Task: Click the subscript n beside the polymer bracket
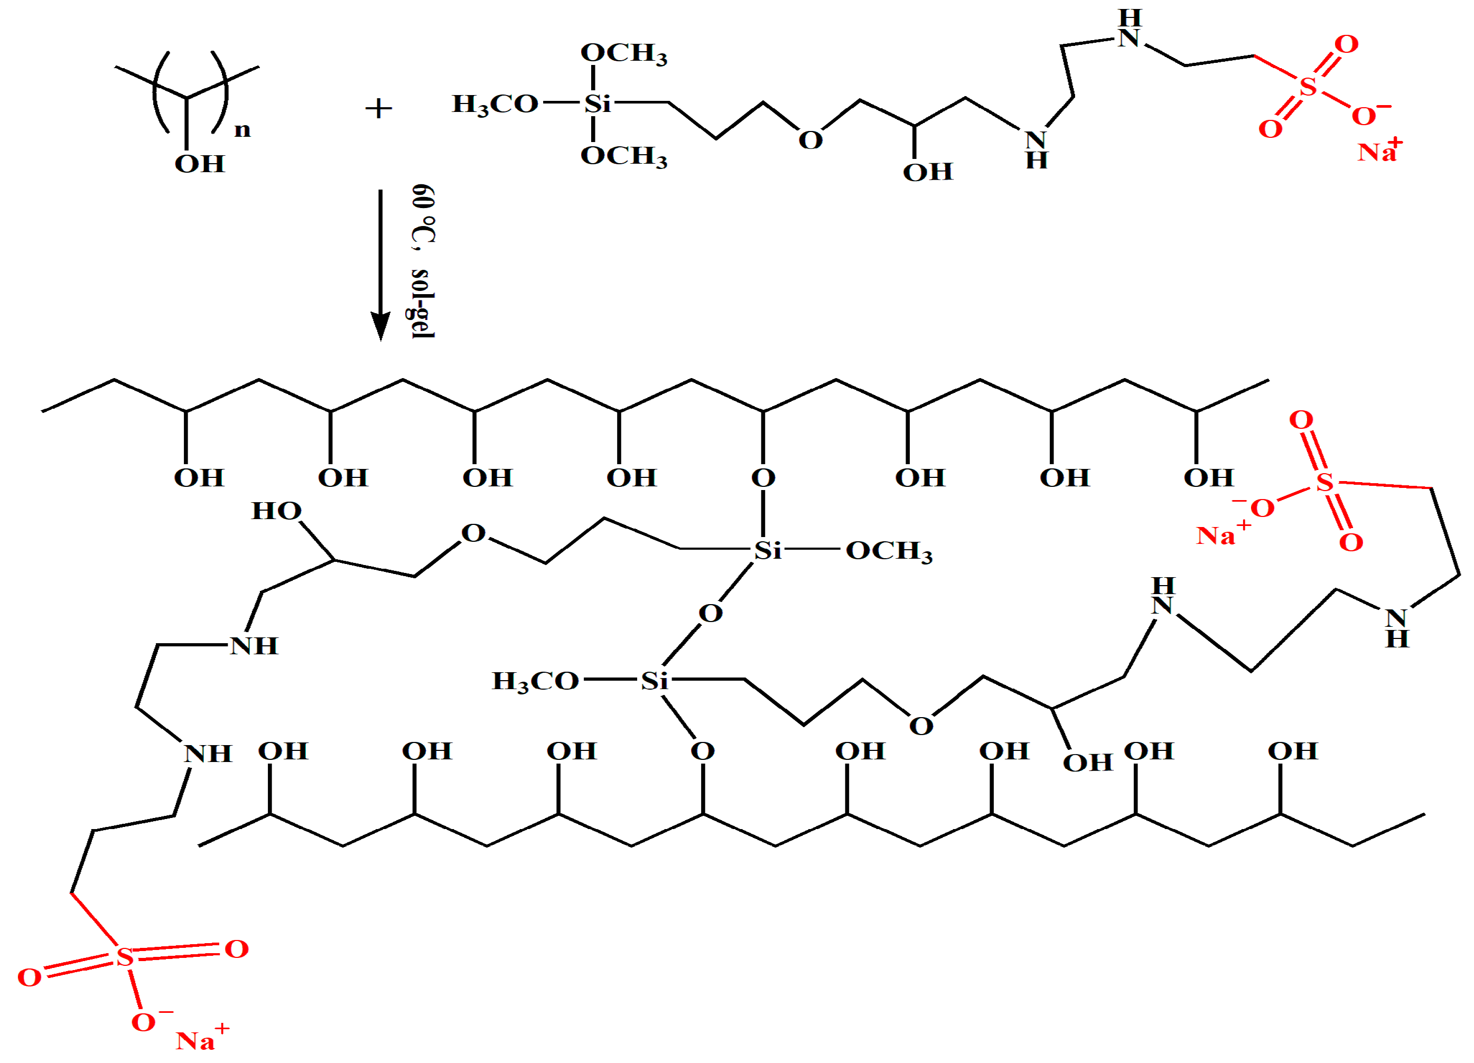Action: pyautogui.click(x=242, y=130)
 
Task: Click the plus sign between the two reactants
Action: pyautogui.click(x=378, y=108)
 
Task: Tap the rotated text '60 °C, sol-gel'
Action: pyautogui.click(x=423, y=261)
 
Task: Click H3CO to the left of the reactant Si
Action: pyautogui.click(x=495, y=104)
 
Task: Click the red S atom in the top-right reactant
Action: pyautogui.click(x=1308, y=87)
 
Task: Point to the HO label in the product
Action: pyautogui.click(x=276, y=511)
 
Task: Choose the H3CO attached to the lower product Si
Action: pyautogui.click(x=535, y=682)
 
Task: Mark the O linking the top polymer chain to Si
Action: pyautogui.click(x=763, y=478)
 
